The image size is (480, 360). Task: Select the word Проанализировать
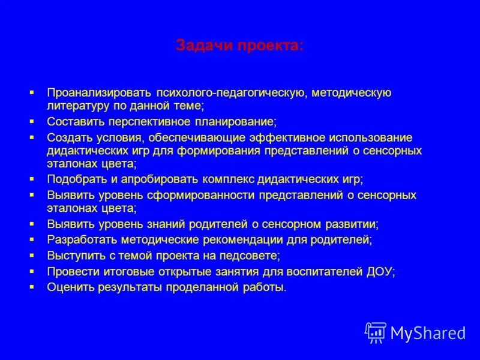(100, 92)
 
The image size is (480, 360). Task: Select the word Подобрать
(75, 179)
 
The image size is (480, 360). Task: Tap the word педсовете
(248, 255)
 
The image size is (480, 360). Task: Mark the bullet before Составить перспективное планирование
(32, 121)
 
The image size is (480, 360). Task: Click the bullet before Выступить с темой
(32, 254)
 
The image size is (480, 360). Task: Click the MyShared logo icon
(376, 332)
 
